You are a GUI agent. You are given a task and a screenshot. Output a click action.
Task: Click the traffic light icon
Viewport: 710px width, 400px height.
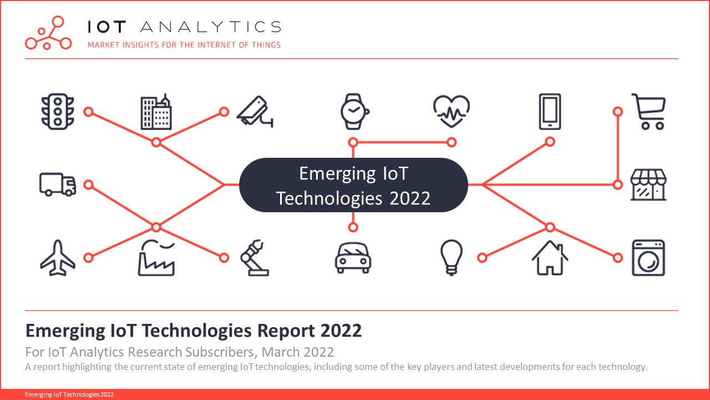(58, 112)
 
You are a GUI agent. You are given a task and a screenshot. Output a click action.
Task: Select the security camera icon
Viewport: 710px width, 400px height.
(255, 112)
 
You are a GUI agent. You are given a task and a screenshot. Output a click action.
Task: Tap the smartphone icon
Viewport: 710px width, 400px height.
(550, 112)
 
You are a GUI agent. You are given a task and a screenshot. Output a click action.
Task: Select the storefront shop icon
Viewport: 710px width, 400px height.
(648, 184)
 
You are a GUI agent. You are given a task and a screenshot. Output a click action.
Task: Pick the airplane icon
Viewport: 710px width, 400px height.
(58, 258)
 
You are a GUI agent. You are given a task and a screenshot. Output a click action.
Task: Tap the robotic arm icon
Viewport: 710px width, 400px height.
(255, 258)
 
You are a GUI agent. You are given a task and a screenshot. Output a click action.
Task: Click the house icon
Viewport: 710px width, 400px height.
(550, 258)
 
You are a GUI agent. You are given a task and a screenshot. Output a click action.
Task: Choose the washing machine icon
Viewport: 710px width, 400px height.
(648, 258)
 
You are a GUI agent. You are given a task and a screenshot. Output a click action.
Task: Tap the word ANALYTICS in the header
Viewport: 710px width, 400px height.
(210, 27)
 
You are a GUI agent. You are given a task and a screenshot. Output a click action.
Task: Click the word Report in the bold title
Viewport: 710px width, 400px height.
(286, 331)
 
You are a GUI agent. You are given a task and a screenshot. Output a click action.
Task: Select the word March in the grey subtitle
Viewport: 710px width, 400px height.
(281, 352)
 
